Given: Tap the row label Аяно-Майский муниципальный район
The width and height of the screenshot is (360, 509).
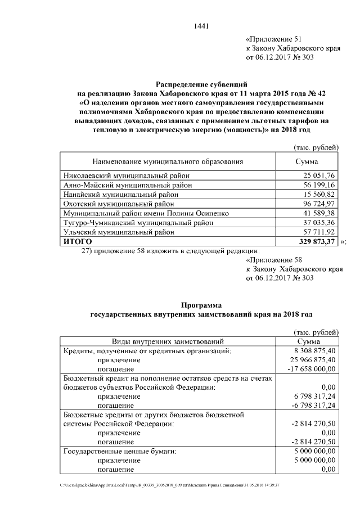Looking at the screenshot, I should [127, 185].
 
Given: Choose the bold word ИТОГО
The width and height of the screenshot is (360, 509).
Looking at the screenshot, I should [78, 241].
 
